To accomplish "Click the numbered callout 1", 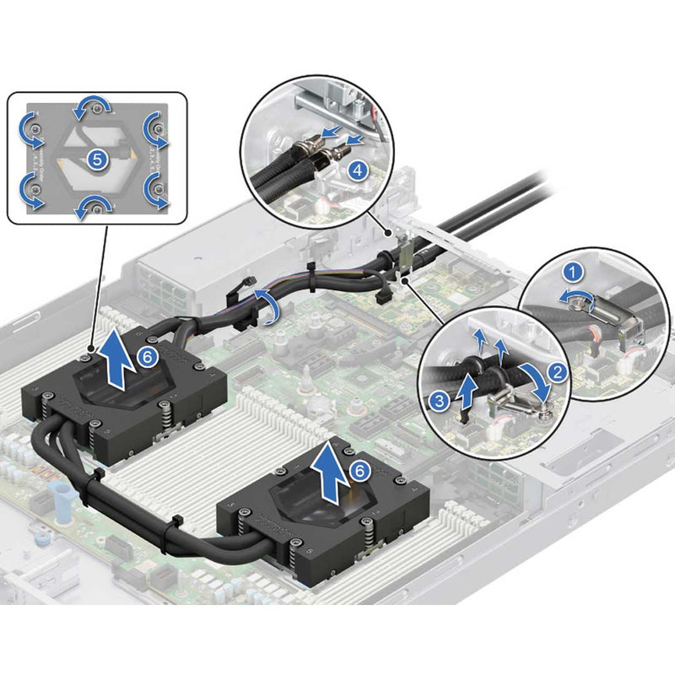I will click(573, 272).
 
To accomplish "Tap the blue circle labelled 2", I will click(555, 370).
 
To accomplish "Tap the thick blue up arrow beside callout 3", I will click(464, 388).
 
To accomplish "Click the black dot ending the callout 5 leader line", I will click(91, 345).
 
